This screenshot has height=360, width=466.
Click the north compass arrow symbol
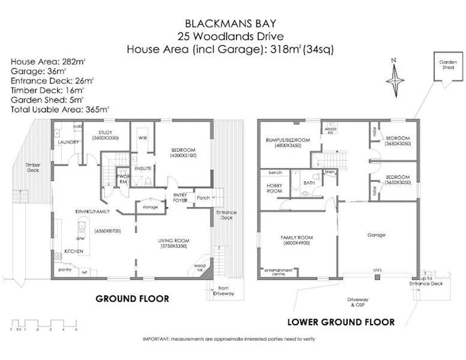click(x=394, y=76)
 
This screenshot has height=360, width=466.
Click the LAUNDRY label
click(x=65, y=142)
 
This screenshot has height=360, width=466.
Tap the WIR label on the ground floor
click(x=142, y=138)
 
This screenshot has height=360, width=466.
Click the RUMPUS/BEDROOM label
click(x=288, y=140)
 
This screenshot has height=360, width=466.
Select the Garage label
click(x=377, y=235)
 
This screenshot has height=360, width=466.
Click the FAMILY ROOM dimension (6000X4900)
click(x=294, y=244)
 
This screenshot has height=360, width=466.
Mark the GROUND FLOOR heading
click(x=132, y=298)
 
